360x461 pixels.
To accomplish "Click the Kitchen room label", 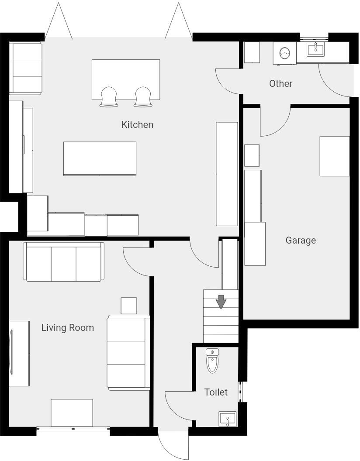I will [x=137, y=124].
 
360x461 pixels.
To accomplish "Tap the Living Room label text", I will [x=67, y=327].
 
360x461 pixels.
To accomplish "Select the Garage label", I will [x=301, y=240].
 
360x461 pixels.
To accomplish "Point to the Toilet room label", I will [x=216, y=392].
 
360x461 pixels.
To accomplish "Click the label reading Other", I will [x=280, y=83].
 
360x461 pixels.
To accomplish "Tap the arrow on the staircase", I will [x=221, y=302].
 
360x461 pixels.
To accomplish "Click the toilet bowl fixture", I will [x=212, y=361].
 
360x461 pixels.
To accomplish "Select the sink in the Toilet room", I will [x=227, y=420].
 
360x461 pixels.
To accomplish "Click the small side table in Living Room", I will [x=128, y=306].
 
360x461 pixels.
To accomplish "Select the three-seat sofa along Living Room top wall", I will [x=64, y=262].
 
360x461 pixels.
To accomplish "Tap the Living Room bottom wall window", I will [x=73, y=429].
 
